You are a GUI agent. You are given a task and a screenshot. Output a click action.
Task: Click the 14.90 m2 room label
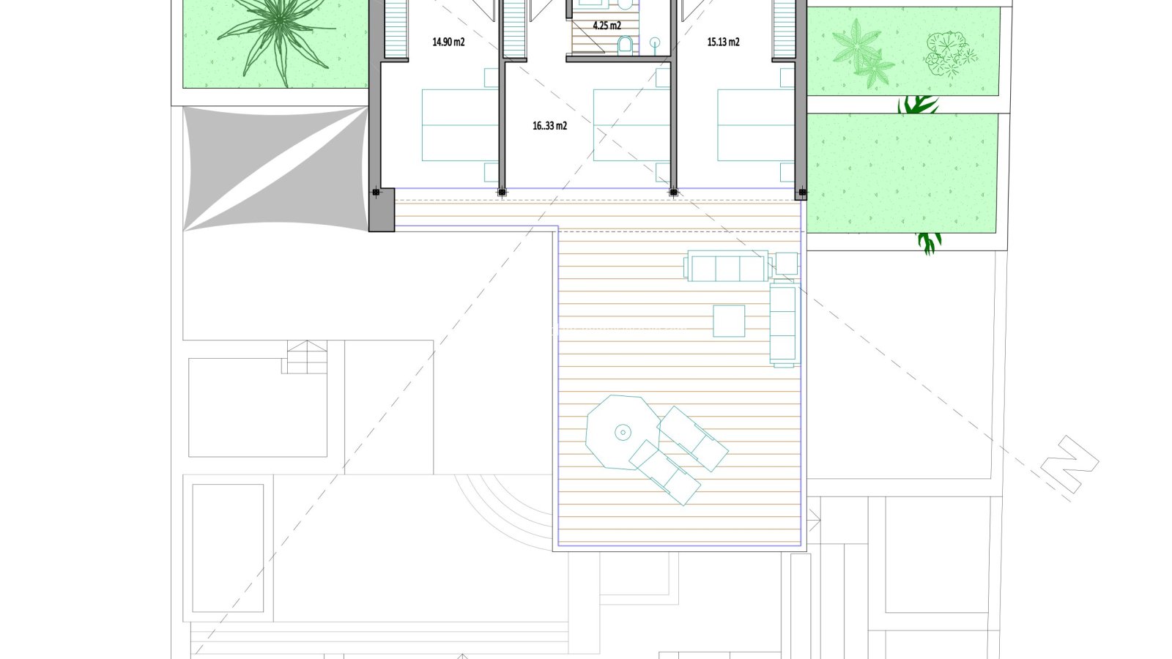coord(448,42)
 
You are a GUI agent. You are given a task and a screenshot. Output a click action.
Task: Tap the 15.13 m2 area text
coord(723,42)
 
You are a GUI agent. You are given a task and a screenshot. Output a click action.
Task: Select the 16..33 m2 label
coord(549,126)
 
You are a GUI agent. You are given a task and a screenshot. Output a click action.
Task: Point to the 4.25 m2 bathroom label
coord(607,26)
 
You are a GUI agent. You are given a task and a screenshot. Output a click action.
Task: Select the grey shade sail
coord(275,168)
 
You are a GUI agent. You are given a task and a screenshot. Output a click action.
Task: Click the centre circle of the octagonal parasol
coord(623,433)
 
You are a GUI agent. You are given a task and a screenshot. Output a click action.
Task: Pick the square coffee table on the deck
coord(729,321)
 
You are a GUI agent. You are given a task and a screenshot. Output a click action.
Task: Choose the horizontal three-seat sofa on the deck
coord(727,266)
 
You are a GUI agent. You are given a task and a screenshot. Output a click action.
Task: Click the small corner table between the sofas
coord(787,264)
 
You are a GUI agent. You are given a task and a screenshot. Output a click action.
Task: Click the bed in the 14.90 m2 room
coord(460,125)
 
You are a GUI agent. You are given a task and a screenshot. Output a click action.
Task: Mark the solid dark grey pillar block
coord(382,210)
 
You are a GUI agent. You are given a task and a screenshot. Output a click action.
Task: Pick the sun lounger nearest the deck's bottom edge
coord(664,472)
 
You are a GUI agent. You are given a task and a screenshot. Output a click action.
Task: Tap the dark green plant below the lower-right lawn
coord(930,243)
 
